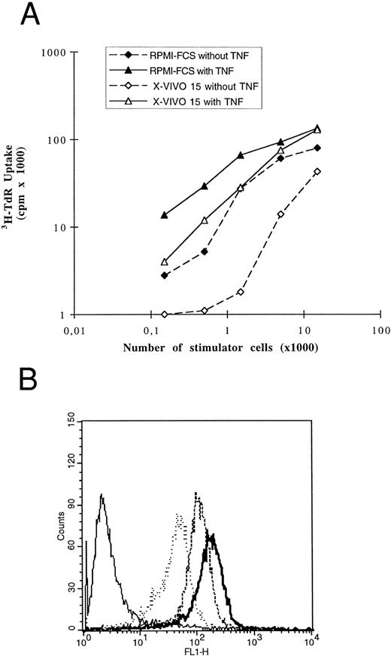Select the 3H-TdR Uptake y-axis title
(x=20, y=184)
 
